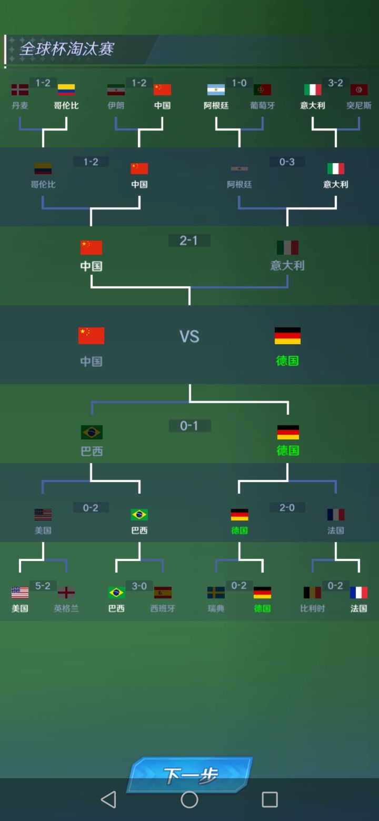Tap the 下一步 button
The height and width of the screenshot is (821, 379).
[190, 775]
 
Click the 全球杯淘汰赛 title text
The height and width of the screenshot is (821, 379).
[67, 49]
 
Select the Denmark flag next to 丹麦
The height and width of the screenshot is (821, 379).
[20, 89]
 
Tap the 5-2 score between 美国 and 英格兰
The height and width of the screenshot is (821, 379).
[43, 586]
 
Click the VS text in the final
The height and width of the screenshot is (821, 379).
[189, 336]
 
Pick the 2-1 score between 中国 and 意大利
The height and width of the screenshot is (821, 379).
[189, 241]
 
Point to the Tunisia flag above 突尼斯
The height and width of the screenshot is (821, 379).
[359, 89]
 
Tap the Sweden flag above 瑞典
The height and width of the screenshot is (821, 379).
[216, 592]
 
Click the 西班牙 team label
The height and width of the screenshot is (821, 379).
[162, 608]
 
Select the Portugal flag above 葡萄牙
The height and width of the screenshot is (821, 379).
[263, 89]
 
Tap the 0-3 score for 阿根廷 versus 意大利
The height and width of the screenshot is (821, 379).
[287, 162]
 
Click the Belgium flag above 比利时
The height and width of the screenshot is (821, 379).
[312, 592]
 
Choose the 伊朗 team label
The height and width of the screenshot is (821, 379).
[116, 106]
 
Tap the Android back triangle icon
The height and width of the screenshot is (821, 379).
[108, 799]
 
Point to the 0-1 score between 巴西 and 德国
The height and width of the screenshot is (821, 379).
[189, 426]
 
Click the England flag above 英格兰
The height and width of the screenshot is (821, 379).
[66, 592]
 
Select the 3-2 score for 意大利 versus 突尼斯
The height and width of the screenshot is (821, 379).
[335, 83]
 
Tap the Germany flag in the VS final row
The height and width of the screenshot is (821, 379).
[287, 336]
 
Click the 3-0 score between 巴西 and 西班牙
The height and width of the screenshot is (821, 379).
[139, 586]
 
